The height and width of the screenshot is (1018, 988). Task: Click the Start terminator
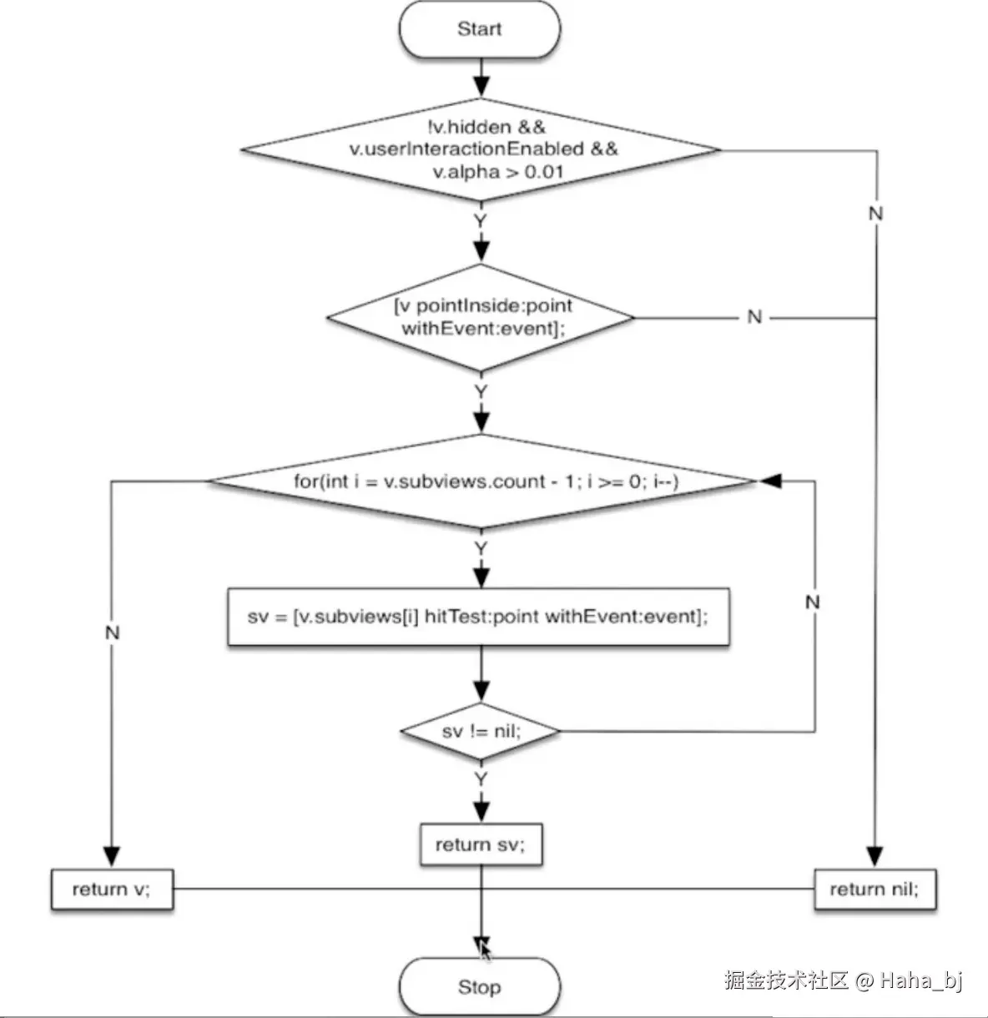click(480, 29)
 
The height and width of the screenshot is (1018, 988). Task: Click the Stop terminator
click(480, 986)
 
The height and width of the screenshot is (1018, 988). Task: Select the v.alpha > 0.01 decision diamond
click(481, 150)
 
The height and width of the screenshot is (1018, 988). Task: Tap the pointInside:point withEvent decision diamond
click(481, 317)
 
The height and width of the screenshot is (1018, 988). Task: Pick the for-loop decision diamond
click(481, 481)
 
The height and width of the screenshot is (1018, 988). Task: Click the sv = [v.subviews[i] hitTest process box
click(478, 617)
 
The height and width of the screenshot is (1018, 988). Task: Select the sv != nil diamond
click(481, 732)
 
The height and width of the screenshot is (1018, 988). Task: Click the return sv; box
click(481, 844)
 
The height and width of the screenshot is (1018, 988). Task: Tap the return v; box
click(112, 889)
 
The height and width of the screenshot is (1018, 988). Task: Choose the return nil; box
click(875, 889)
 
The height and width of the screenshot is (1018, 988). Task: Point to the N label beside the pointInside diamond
click(754, 317)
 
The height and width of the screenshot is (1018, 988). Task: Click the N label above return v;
click(112, 633)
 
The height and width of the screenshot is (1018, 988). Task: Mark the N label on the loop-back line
click(813, 602)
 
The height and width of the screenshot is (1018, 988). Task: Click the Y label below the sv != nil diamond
click(481, 779)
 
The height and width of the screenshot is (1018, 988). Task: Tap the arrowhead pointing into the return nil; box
click(875, 857)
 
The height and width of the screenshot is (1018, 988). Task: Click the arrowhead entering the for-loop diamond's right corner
click(769, 481)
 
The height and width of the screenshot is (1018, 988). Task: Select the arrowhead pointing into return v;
click(112, 857)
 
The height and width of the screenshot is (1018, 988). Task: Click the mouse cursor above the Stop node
click(484, 950)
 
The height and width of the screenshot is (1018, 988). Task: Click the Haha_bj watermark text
click(921, 980)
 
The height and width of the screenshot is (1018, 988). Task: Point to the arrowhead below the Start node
click(481, 86)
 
